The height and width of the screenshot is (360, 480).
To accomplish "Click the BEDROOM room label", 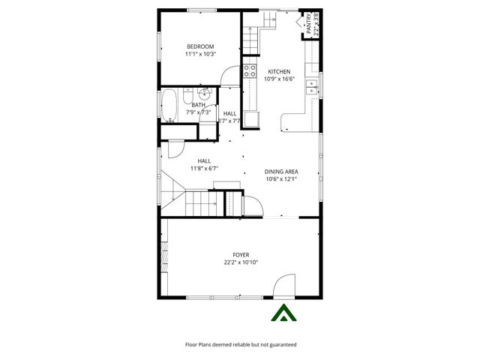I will [x=200, y=46].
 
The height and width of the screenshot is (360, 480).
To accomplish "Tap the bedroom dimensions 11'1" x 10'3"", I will [x=200, y=54].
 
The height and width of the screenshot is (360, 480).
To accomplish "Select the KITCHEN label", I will [x=279, y=71].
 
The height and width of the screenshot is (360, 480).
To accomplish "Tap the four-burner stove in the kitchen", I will [x=249, y=73].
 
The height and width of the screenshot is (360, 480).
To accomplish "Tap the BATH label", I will [x=198, y=105].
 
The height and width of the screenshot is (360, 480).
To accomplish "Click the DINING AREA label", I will [x=281, y=172].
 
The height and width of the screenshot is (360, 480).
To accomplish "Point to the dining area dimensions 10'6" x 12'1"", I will [x=281, y=179].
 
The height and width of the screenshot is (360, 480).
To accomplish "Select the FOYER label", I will [x=241, y=255].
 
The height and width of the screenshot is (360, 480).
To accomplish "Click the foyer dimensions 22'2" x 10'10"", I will [x=241, y=262].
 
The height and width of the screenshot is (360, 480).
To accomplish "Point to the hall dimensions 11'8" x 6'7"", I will [x=204, y=169].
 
